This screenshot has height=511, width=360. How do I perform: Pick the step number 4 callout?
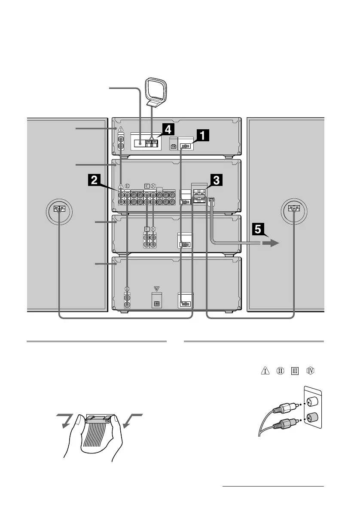[x=169, y=129]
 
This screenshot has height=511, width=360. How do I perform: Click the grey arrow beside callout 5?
[x=271, y=243]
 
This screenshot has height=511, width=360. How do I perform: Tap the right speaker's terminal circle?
[x=294, y=210]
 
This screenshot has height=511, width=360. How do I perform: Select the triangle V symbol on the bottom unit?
[x=156, y=289]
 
